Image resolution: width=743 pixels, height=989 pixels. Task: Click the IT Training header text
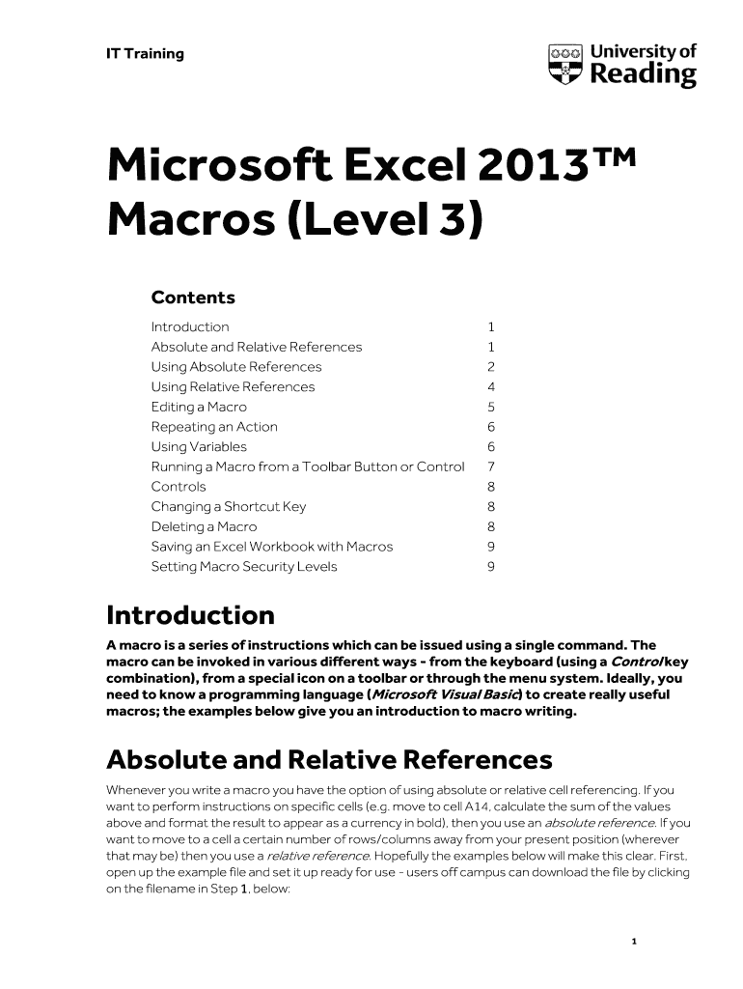pyautogui.click(x=145, y=54)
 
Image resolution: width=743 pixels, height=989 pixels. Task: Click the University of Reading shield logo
pyautogui.click(x=565, y=64)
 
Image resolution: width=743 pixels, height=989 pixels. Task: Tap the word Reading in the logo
pyautogui.click(x=643, y=75)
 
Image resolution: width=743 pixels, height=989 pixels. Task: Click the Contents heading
pyautogui.click(x=193, y=297)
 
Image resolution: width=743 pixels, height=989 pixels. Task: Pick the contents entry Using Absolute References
pyautogui.click(x=236, y=367)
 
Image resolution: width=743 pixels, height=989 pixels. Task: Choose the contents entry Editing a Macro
pyautogui.click(x=199, y=407)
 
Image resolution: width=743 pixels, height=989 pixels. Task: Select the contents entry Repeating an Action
pyautogui.click(x=214, y=427)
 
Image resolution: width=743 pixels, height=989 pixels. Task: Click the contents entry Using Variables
pyautogui.click(x=199, y=447)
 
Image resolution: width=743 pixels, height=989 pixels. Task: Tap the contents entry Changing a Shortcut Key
pyautogui.click(x=229, y=507)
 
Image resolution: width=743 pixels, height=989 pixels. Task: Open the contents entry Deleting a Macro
pyautogui.click(x=204, y=527)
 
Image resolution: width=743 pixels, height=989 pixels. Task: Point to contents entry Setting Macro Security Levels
pyautogui.click(x=244, y=567)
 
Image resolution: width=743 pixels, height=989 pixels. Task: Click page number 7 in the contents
pyautogui.click(x=491, y=467)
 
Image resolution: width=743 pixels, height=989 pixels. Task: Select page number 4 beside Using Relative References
pyautogui.click(x=491, y=387)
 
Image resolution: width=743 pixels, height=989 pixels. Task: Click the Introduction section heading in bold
pyautogui.click(x=190, y=615)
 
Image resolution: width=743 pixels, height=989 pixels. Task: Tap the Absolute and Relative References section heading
pyautogui.click(x=329, y=760)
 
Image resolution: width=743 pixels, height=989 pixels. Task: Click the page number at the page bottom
pyautogui.click(x=633, y=941)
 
